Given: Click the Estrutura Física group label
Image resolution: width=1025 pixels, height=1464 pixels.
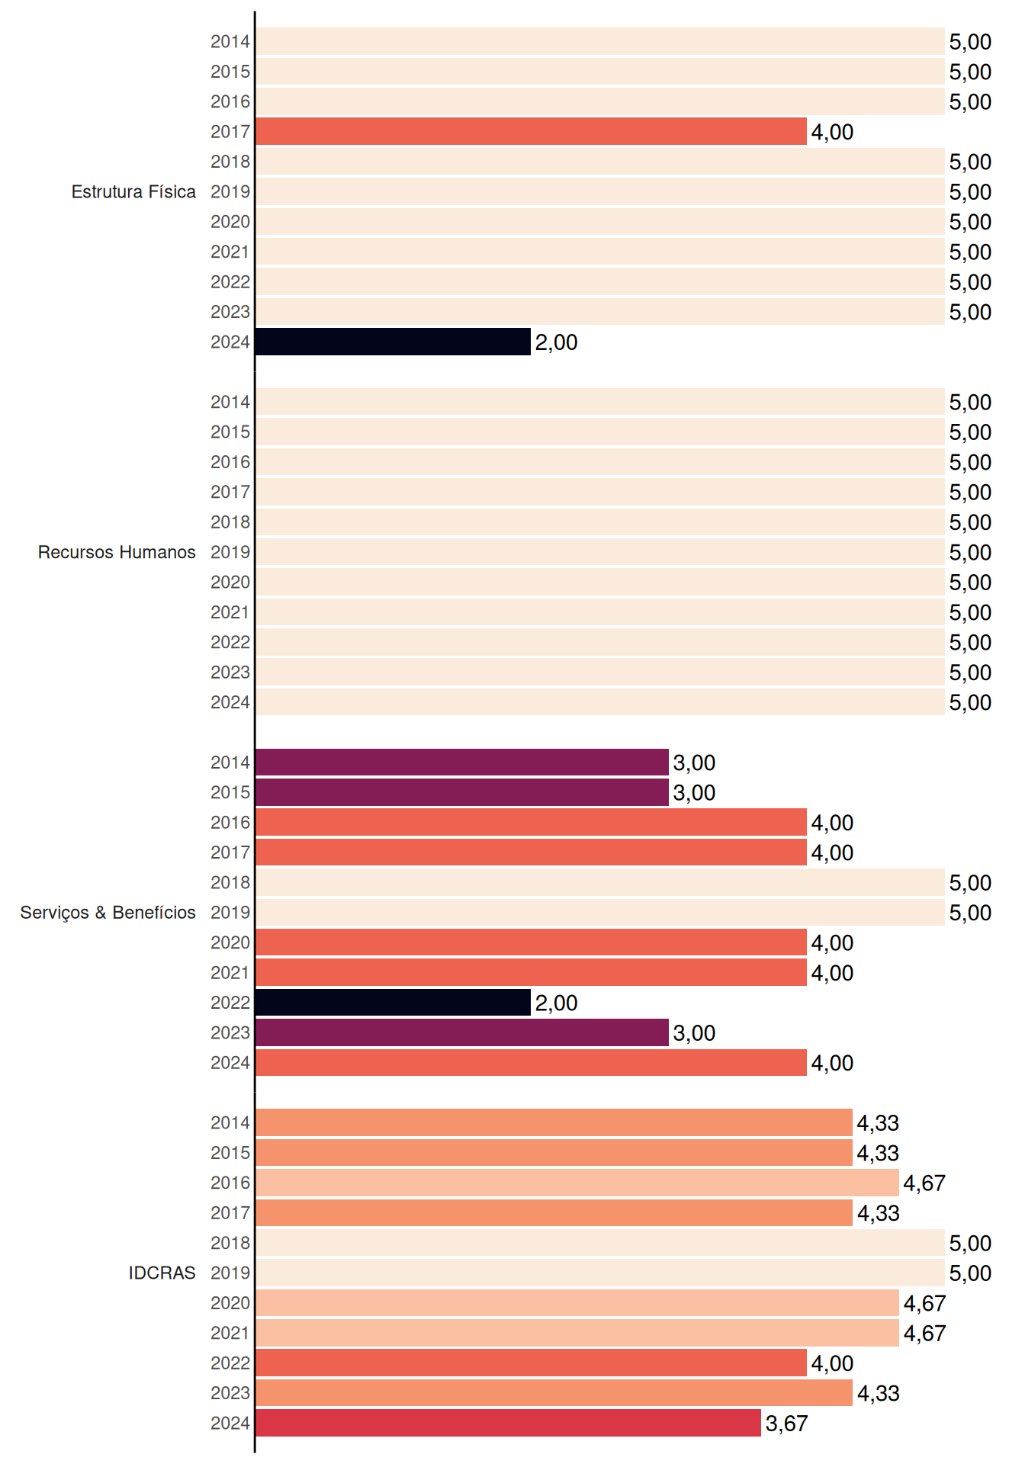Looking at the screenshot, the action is [133, 191].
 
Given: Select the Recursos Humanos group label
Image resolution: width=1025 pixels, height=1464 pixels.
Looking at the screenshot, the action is [117, 552].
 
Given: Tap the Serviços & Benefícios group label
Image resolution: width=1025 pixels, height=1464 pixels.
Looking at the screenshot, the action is [108, 913].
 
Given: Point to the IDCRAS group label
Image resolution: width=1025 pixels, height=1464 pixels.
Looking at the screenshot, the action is [162, 1273].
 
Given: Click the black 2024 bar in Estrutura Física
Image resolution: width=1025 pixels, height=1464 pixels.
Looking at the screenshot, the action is [393, 342].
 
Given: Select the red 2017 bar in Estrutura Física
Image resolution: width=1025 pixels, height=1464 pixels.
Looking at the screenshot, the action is [531, 131].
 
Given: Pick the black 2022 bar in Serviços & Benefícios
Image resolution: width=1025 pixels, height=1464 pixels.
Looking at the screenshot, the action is [393, 1003].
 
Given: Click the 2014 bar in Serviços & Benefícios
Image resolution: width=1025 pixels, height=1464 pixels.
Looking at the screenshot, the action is [462, 762].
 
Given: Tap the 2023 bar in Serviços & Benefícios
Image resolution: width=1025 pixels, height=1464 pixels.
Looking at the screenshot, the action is [462, 1032].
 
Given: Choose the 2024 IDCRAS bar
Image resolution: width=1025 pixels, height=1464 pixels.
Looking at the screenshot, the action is [508, 1423].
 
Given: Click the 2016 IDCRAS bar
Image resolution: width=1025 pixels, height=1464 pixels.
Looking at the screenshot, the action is [577, 1183].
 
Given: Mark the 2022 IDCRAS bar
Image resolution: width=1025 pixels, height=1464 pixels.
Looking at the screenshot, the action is [531, 1363].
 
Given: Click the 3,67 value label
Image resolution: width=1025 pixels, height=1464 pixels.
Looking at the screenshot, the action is [786, 1424].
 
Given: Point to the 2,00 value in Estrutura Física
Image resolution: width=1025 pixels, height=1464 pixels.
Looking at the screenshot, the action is [556, 342].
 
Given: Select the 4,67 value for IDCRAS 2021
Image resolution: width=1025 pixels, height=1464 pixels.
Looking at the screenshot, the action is [924, 1334].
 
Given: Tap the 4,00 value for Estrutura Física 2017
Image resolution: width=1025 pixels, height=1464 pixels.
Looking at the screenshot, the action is [832, 132].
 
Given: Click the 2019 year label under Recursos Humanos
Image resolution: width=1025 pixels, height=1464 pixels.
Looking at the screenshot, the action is [230, 552].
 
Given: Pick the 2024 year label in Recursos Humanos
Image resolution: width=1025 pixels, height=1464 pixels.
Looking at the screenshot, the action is [230, 702].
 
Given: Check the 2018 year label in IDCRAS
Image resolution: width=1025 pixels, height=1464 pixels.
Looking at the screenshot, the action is [230, 1243].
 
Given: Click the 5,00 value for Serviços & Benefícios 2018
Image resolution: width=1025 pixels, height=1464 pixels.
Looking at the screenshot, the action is [970, 883].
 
